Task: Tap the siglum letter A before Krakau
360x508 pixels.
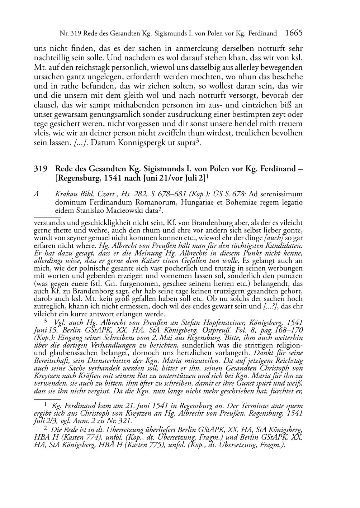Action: point(36,194)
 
